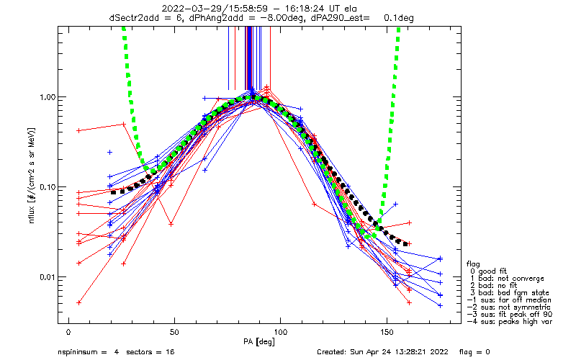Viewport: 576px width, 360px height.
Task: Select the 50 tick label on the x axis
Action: click(x=174, y=333)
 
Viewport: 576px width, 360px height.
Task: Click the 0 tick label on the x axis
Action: click(x=68, y=333)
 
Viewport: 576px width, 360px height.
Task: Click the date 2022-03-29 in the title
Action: click(x=186, y=8)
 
